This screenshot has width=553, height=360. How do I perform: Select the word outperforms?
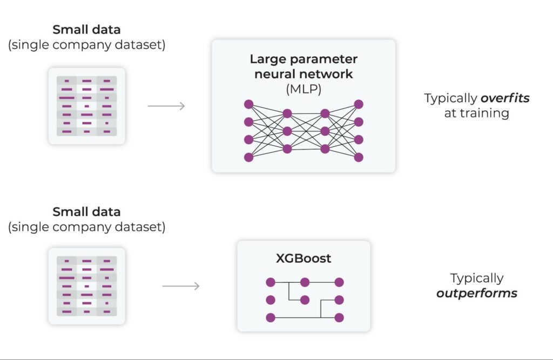pyautogui.click(x=477, y=294)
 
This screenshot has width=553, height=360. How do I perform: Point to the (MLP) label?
pyautogui.click(x=304, y=89)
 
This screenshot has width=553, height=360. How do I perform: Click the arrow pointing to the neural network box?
pyautogui.click(x=166, y=106)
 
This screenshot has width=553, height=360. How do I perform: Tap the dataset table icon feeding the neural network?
pyautogui.click(x=86, y=106)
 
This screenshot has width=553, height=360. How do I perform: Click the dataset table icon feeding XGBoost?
pyautogui.click(x=86, y=286)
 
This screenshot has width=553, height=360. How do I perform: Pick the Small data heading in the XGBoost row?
pyautogui.click(x=86, y=212)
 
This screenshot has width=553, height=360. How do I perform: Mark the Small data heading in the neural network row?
pyautogui.click(x=86, y=30)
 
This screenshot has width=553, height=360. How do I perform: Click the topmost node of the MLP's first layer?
pyautogui.click(x=248, y=104)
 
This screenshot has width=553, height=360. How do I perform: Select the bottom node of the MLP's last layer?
pyautogui.click(x=359, y=158)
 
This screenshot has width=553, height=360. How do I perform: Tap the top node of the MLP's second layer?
pyautogui.click(x=287, y=113)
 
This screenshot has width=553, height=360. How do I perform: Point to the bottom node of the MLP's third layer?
pyautogui.click(x=325, y=148)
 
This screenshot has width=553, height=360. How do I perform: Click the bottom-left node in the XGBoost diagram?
pyautogui.click(x=271, y=318)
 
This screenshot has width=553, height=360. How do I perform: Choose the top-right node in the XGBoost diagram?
pyautogui.click(x=339, y=282)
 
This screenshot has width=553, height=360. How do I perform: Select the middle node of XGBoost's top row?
pyautogui.click(x=305, y=282)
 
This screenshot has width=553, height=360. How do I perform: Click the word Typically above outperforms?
pyautogui.click(x=477, y=279)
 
